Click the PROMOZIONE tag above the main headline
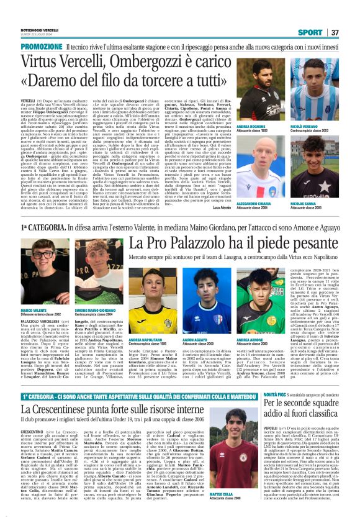(x=41, y=47)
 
